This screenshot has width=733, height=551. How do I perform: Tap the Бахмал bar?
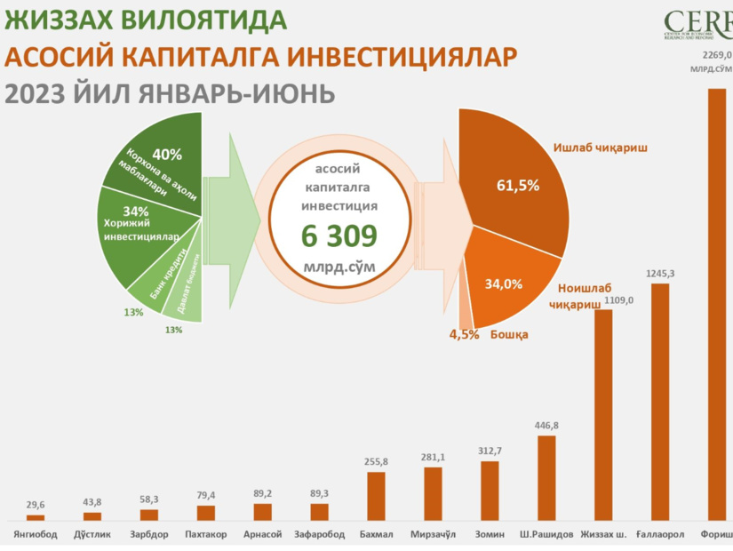pos(376,495)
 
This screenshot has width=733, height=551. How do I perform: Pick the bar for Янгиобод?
pos(36,516)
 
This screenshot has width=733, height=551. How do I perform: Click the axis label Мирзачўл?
pos(433,535)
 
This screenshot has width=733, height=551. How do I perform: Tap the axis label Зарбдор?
pos(148,535)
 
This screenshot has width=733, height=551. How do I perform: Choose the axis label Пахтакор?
pos(205,535)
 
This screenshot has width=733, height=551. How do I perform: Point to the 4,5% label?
pos(463,335)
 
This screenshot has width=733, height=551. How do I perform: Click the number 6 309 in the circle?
pos(339,236)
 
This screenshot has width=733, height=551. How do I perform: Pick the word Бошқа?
pos(510,335)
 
